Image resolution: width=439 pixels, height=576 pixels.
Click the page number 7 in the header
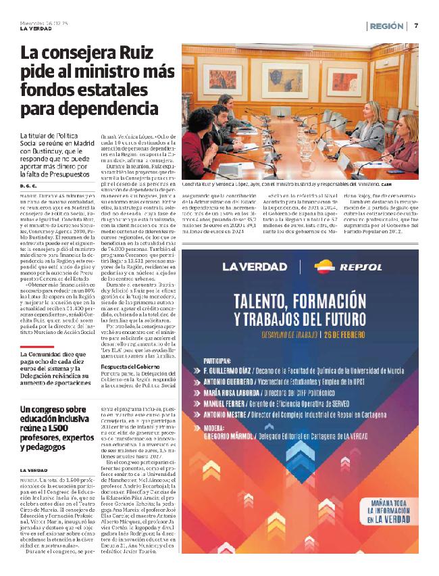tap(416, 26)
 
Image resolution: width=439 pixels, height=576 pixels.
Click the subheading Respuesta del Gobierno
tap(127, 347)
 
